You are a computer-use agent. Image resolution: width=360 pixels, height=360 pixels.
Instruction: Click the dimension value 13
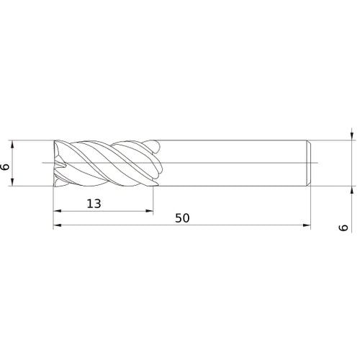[x=94, y=204]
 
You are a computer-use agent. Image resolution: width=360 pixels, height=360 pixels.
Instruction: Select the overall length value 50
[x=181, y=218]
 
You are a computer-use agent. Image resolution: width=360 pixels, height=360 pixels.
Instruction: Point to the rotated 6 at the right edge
[x=344, y=228]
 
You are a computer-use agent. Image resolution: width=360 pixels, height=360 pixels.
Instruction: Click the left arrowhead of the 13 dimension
[x=58, y=212]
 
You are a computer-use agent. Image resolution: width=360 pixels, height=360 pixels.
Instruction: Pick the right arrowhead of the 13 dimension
[x=150, y=212]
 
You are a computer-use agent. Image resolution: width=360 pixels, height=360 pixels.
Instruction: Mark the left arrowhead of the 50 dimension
[x=58, y=226]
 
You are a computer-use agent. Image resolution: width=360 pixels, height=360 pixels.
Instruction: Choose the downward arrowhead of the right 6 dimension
[x=351, y=135]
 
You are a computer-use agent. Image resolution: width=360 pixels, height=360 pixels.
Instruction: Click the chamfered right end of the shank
[x=309, y=163]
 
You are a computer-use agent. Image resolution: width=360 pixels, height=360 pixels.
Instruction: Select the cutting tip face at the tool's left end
[x=57, y=163]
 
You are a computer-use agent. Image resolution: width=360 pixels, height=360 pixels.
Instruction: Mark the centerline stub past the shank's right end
[x=318, y=163]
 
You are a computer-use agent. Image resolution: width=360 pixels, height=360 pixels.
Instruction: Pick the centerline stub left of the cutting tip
[x=48, y=163]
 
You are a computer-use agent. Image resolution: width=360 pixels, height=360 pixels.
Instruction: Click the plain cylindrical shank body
[x=230, y=163]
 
